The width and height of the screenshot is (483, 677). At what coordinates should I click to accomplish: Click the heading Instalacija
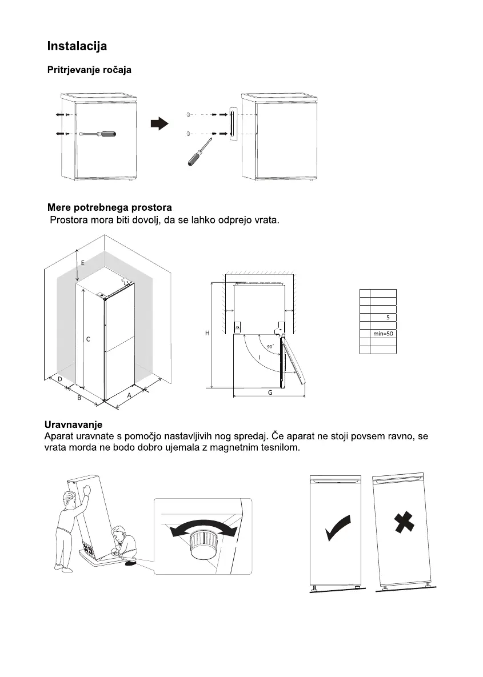[77, 46]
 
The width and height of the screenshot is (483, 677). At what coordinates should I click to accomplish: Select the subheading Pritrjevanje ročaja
[89, 70]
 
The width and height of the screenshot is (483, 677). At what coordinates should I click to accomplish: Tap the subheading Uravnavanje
[73, 424]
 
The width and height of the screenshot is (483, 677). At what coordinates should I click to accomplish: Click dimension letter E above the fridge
[83, 263]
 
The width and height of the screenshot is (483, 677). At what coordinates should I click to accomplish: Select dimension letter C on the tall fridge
[88, 339]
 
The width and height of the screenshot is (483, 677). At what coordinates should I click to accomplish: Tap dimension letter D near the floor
[59, 379]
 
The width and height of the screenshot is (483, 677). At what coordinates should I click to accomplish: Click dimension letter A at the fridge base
[129, 395]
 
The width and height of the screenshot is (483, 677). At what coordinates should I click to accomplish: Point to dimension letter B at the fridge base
[79, 398]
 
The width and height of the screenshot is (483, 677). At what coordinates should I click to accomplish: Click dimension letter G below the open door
[270, 392]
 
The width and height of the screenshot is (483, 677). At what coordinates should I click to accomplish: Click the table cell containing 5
[387, 317]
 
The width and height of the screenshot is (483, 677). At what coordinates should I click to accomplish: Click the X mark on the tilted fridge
[404, 523]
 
